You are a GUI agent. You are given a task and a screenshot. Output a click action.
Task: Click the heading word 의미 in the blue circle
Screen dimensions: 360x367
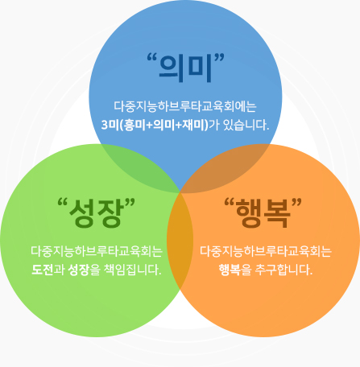185,68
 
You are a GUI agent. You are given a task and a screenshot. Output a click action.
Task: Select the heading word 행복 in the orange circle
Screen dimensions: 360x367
263,213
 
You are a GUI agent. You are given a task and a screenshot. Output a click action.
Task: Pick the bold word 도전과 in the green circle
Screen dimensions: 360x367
48,270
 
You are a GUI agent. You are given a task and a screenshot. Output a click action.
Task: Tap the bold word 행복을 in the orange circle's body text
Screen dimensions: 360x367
235,270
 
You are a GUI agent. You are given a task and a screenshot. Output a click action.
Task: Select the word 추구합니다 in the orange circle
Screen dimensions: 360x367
283,270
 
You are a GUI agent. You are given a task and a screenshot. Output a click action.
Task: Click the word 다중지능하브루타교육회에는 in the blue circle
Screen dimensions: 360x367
185,106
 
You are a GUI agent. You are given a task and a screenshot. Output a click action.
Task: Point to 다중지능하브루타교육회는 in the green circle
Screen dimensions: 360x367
97,251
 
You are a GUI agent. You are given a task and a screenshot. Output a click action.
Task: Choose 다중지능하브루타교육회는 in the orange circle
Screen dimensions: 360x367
266,251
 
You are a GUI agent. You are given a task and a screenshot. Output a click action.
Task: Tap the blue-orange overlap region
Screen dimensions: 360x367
228,167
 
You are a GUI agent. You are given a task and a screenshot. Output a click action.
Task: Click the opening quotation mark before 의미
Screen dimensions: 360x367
152,57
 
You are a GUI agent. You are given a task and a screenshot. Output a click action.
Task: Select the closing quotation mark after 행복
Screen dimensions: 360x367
297,202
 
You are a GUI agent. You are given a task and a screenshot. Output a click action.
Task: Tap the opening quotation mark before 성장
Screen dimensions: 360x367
63,202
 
